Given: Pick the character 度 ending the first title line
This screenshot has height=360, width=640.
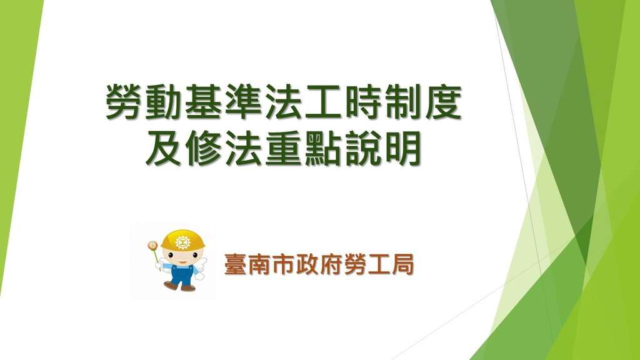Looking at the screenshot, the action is click(x=444, y=102).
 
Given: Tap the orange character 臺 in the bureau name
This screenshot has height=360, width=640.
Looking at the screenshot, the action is click(x=236, y=264).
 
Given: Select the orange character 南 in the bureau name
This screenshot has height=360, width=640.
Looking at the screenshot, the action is click(x=259, y=264).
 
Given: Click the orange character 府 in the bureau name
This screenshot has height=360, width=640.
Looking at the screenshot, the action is click(x=331, y=264).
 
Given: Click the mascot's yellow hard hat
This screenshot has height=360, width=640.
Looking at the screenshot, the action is click(x=182, y=241).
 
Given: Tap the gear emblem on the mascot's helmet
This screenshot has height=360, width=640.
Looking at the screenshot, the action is click(x=183, y=242).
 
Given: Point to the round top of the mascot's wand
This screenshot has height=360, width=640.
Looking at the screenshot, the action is click(x=153, y=245).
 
